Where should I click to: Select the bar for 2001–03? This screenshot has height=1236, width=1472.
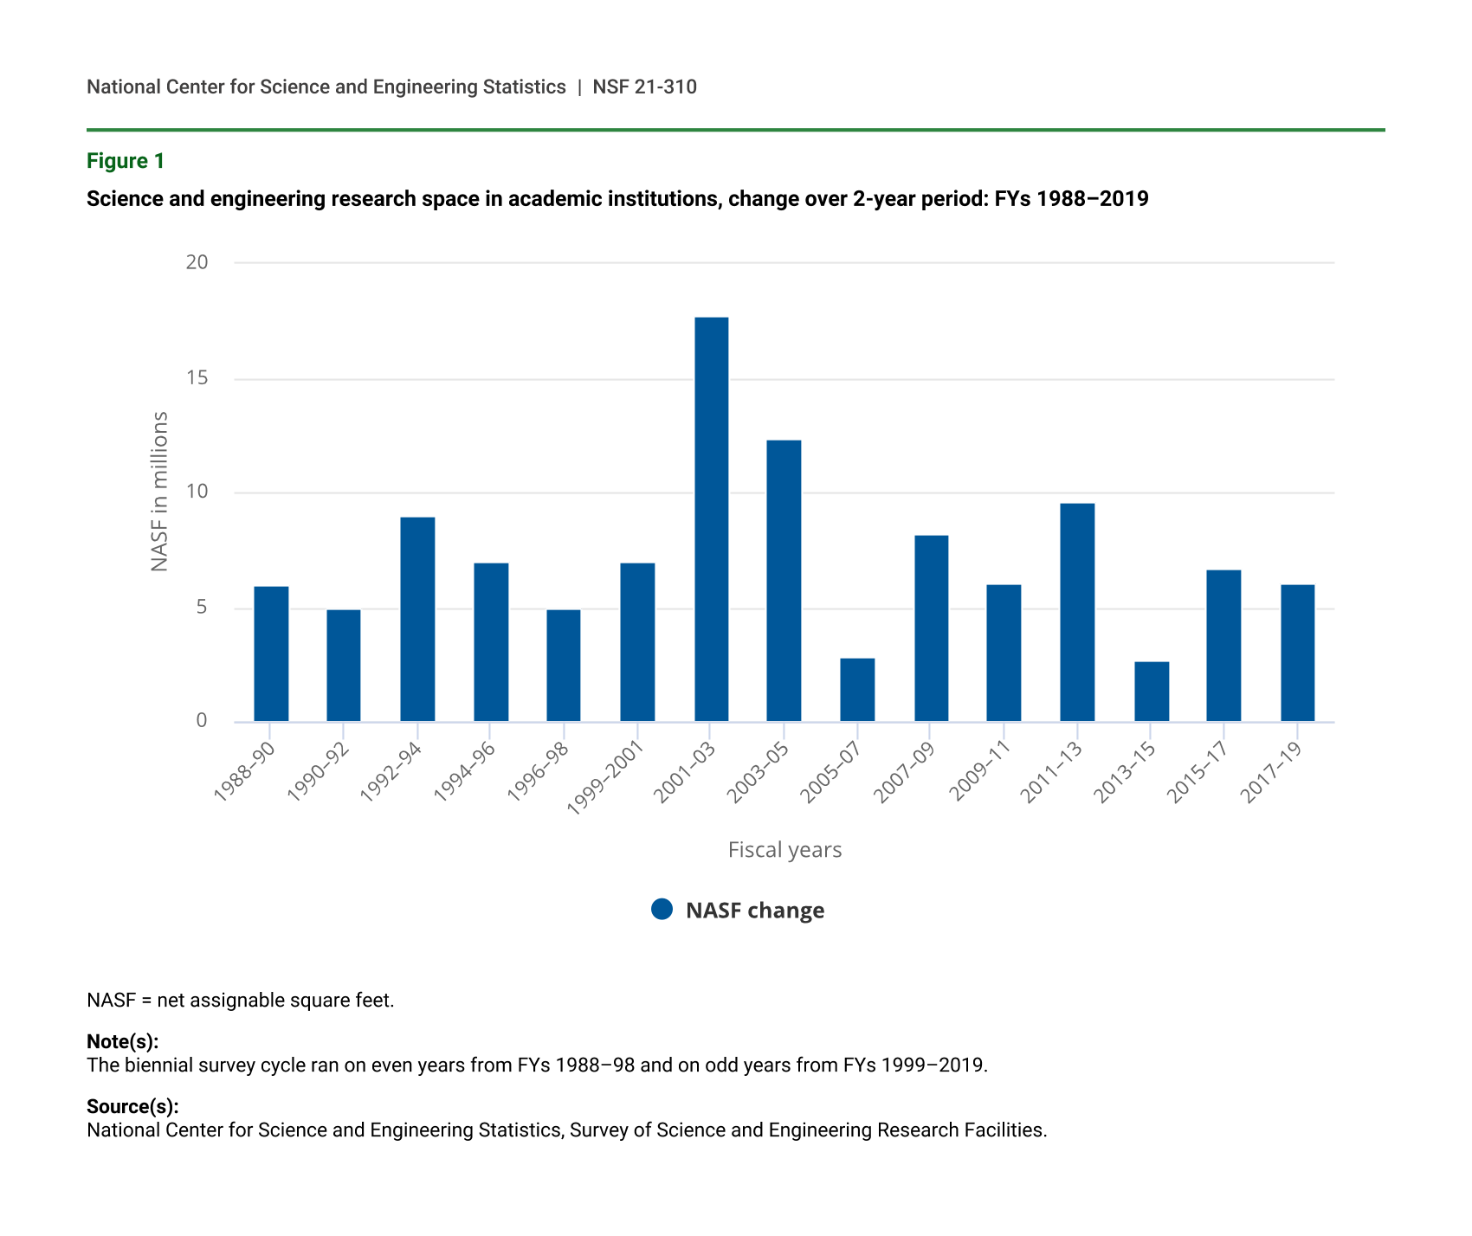(x=711, y=519)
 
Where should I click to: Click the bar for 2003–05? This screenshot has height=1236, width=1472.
(x=784, y=581)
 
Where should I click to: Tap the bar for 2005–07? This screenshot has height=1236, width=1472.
(x=857, y=690)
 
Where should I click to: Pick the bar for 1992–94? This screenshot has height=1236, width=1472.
(x=417, y=619)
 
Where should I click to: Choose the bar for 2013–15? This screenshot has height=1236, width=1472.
(x=1152, y=692)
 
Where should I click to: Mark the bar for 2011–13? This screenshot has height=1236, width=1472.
(x=1077, y=612)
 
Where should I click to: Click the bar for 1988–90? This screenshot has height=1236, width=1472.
(x=271, y=653)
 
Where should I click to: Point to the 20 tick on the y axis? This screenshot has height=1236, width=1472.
(x=197, y=262)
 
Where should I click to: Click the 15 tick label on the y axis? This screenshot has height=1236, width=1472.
(x=197, y=378)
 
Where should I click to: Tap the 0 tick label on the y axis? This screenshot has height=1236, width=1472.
(x=202, y=721)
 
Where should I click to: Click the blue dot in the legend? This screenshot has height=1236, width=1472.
(x=662, y=909)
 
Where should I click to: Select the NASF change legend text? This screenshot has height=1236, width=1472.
(x=754, y=911)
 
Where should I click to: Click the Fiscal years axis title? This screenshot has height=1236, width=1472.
(x=784, y=850)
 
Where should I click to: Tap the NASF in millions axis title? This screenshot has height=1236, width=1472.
(x=159, y=491)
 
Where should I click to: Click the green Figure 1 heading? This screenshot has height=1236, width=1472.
(x=126, y=161)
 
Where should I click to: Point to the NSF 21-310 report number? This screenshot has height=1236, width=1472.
(x=644, y=87)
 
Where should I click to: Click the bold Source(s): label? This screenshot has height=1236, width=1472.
(x=132, y=1106)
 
